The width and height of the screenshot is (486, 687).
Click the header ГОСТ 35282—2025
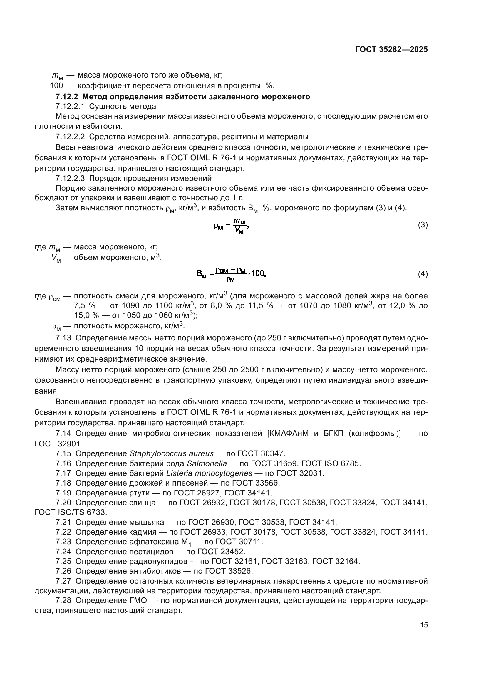(391, 50)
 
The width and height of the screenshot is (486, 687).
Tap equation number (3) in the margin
(423, 225)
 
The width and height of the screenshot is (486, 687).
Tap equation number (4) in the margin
(423, 274)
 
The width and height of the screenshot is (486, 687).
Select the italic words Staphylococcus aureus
(172, 453)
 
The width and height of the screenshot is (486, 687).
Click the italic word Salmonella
(207, 463)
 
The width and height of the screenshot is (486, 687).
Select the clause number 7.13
(63, 338)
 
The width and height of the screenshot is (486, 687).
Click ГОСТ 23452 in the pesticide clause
(222, 552)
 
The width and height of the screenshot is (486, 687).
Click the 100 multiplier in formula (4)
(258, 273)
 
